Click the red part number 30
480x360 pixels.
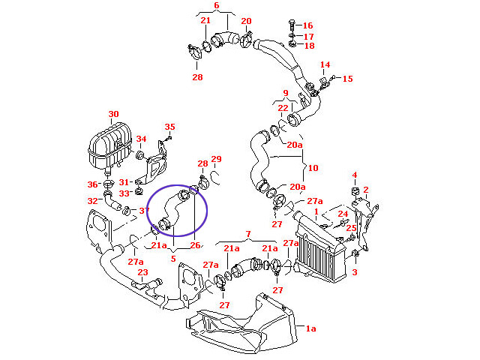pyautogui.click(x=113, y=115)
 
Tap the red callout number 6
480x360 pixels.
pyautogui.click(x=216, y=6)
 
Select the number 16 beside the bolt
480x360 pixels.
pyautogui.click(x=307, y=25)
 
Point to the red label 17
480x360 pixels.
pyautogui.click(x=307, y=36)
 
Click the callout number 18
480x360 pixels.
pyautogui.click(x=307, y=46)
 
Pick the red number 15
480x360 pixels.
pyautogui.click(x=347, y=78)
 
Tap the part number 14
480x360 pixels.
pyautogui.click(x=325, y=65)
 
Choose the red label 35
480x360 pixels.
pyautogui.click(x=169, y=127)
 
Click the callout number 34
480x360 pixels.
pyautogui.click(x=141, y=139)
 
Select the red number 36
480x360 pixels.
pyautogui.click(x=92, y=184)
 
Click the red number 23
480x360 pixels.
pyautogui.click(x=142, y=273)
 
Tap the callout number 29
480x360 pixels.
pyautogui.click(x=216, y=159)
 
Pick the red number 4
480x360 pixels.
pyautogui.click(x=355, y=175)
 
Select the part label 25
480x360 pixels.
pyautogui.click(x=352, y=227)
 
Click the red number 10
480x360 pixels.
pyautogui.click(x=313, y=168)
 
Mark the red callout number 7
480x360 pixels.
pyautogui.click(x=248, y=235)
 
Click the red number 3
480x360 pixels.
pyautogui.click(x=355, y=272)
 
